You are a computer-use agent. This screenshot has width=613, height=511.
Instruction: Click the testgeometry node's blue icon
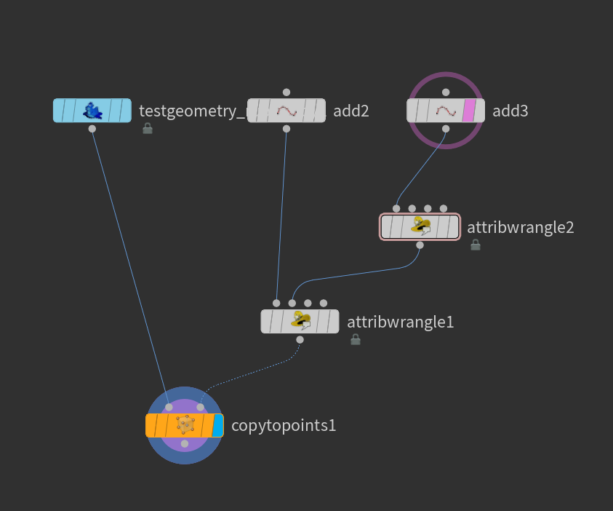92,111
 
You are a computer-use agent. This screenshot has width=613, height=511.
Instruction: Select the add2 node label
351,111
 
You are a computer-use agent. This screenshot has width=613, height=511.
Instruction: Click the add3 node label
510,111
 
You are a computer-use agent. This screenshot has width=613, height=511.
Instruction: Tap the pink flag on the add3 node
469,111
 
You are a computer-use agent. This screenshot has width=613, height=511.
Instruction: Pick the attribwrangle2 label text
520,227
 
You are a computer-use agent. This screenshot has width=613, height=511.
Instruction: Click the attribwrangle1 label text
400,322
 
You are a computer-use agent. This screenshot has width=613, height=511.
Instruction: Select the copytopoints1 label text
284,425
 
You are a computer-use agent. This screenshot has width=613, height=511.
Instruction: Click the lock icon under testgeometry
148,129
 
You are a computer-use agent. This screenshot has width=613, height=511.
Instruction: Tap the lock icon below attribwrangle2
476,245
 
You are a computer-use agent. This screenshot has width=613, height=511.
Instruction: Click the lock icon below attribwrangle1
356,339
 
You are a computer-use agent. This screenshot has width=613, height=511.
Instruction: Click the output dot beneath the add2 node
287,129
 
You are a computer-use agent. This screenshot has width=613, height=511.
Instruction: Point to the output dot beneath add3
446,129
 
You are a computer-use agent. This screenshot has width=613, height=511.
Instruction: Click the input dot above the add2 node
287,92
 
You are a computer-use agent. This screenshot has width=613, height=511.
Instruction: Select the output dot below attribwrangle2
420,245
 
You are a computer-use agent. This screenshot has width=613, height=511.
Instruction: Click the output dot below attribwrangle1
300,339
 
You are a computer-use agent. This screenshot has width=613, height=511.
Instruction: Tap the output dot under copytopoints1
185,443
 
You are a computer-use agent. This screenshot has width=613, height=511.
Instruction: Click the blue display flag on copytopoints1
217,425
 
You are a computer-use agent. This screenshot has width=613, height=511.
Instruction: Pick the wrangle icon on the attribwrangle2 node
420,226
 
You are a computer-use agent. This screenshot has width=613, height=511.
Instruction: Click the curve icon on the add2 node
287,111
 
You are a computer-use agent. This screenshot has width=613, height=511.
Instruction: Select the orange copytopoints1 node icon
186,425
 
